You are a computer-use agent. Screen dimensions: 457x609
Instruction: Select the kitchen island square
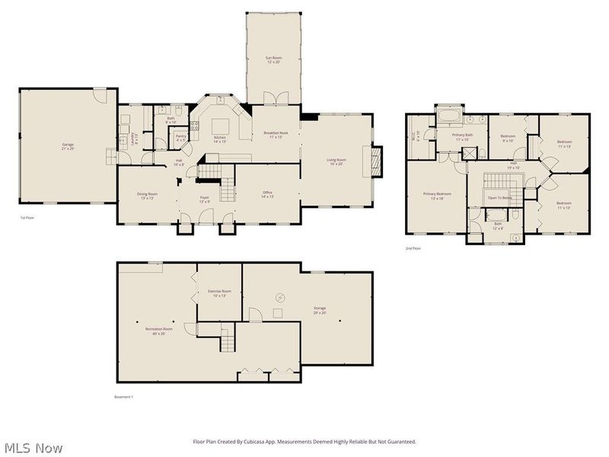(221, 126)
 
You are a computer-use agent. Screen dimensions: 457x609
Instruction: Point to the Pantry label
(180, 138)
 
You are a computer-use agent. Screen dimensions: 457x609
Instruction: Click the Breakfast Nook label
(273, 134)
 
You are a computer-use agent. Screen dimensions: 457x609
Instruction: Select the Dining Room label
(147, 196)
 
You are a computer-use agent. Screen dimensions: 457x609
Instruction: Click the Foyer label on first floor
(205, 198)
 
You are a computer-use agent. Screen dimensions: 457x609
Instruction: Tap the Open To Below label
(500, 198)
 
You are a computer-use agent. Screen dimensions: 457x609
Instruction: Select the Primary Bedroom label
(438, 196)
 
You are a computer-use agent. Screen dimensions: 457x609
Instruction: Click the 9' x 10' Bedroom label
(508, 138)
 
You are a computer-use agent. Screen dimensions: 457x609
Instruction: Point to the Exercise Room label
(218, 292)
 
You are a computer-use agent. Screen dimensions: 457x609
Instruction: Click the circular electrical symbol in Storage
(279, 297)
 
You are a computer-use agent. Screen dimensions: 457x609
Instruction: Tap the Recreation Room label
(159, 330)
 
